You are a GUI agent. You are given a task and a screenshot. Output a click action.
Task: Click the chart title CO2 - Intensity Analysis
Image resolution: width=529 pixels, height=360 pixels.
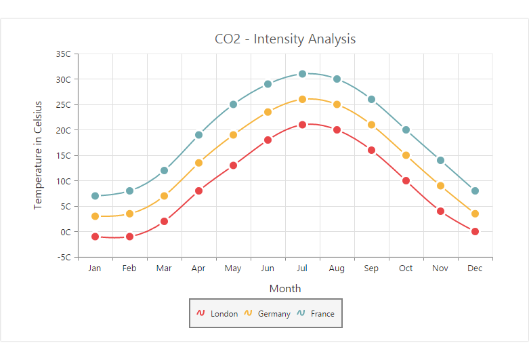tap(285, 39)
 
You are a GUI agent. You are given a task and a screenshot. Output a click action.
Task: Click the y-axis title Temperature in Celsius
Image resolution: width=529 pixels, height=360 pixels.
tap(39, 155)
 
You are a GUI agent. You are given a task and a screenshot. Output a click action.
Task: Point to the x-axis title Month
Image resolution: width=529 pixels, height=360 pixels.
tap(285, 289)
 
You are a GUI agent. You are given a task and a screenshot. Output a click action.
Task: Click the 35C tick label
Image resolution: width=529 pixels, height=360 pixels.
tap(64, 54)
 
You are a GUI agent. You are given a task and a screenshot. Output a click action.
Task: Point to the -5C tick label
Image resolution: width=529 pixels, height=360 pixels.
tap(64, 258)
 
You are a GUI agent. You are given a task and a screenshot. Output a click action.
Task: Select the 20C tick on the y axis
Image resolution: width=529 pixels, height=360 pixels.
tap(64, 130)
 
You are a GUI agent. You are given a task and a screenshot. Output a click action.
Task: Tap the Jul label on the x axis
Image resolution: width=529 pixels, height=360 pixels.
tap(302, 268)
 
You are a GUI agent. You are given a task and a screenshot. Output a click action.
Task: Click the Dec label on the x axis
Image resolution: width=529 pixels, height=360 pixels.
tap(475, 268)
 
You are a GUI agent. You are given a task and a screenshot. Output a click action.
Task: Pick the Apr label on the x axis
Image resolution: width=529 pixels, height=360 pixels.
tap(198, 268)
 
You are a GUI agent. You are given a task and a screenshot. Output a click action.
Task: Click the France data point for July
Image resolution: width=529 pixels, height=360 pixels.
tap(303, 74)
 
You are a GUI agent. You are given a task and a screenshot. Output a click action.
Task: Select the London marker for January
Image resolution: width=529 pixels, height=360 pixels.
tap(96, 237)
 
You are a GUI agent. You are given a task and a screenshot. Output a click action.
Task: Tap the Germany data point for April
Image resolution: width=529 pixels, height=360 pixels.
tap(199, 163)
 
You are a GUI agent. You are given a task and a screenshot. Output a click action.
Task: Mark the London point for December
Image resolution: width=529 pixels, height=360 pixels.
tap(475, 232)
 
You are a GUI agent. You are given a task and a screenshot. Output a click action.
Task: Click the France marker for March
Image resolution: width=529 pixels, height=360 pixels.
tap(165, 171)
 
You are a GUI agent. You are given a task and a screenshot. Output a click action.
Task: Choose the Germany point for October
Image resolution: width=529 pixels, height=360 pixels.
tap(406, 155)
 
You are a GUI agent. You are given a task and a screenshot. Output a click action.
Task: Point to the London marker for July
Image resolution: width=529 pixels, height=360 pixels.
tap(303, 125)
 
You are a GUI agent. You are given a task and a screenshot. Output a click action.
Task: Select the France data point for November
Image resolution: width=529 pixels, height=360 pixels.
tap(441, 161)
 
